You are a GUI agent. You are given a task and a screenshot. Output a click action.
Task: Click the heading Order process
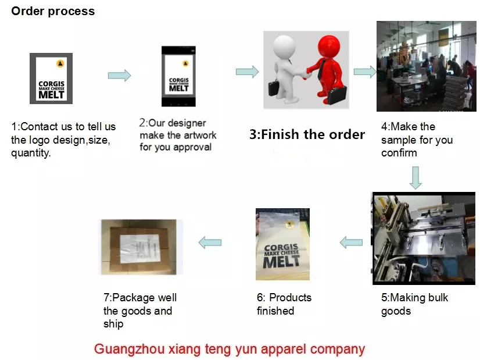point(53,11)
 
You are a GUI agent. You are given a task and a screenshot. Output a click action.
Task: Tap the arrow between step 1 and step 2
point(119,75)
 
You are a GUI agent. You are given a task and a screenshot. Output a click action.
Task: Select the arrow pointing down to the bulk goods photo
point(415,177)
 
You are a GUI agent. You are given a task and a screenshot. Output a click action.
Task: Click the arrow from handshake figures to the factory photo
point(364,72)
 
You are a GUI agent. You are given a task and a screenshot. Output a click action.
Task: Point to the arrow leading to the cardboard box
point(210,242)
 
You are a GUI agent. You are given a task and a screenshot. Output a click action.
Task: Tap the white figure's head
point(285,45)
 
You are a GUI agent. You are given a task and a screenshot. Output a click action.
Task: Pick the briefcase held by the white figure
point(275,88)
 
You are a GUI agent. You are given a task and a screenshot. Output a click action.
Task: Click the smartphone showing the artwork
point(179,76)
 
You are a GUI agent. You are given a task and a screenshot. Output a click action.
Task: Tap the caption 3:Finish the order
point(307,135)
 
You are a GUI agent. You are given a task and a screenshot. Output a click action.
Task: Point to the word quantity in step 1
point(31,154)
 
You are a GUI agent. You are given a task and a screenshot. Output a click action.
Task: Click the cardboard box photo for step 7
point(138,246)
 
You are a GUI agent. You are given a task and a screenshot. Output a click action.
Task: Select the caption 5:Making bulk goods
point(414,304)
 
